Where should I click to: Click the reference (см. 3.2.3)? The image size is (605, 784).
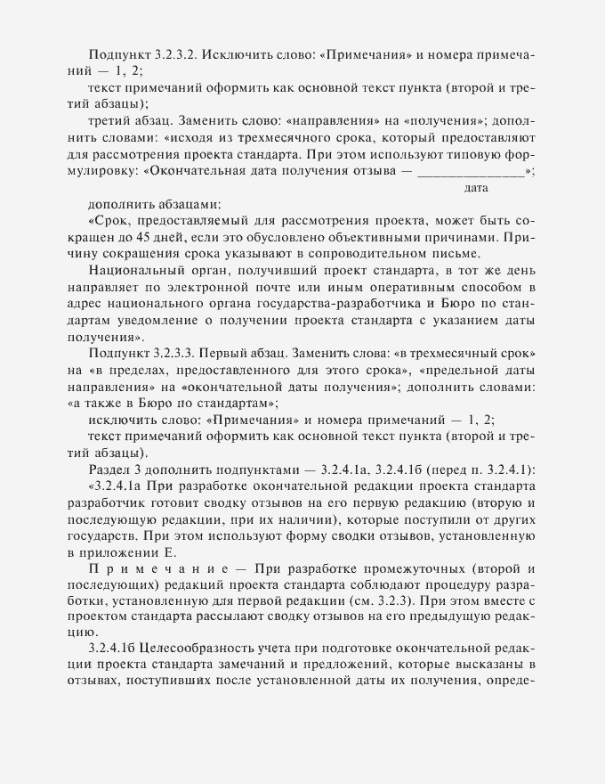374,601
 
